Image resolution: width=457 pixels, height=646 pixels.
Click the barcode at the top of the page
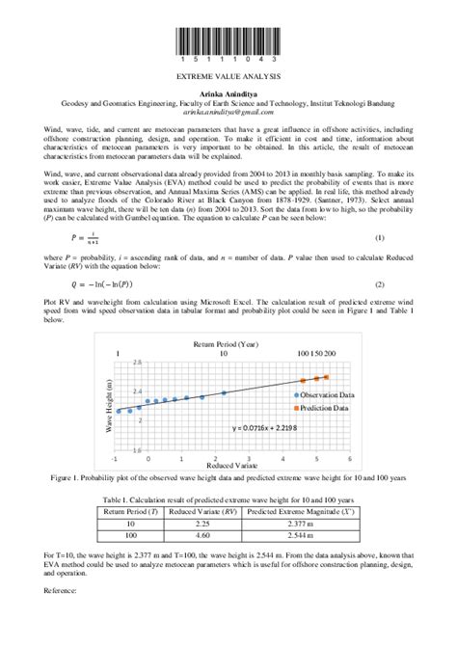click(x=228, y=40)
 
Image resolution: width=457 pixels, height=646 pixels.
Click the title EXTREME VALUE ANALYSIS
click(x=228, y=74)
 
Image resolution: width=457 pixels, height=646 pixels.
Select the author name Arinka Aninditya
click(x=228, y=93)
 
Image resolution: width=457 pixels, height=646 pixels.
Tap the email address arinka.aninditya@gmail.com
click(x=228, y=113)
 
